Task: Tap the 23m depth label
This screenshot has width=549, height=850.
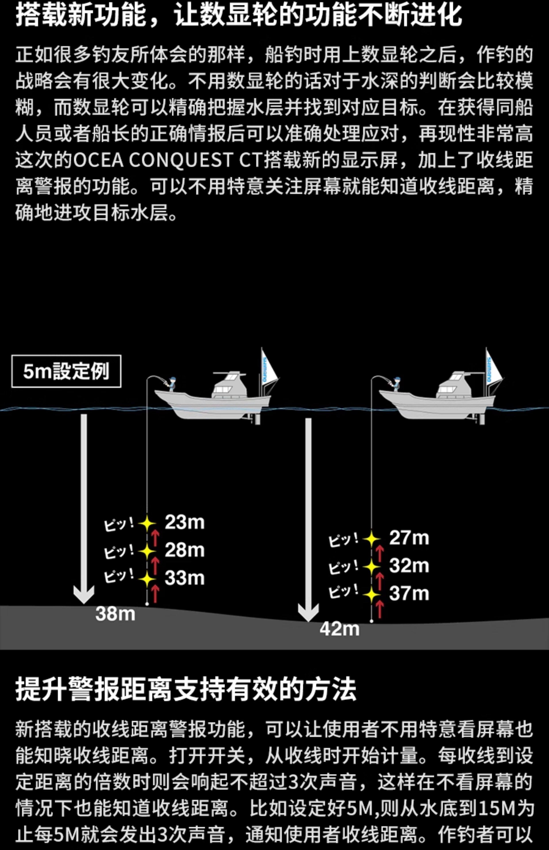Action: tap(185, 522)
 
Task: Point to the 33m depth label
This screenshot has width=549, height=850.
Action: tap(185, 578)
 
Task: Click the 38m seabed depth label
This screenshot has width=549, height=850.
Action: tap(115, 614)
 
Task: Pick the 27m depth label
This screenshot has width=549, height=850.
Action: tap(409, 538)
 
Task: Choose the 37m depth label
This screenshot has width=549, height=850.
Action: tap(409, 593)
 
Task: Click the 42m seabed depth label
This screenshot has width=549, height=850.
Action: tap(339, 629)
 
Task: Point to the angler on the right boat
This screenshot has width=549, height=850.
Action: tap(396, 383)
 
